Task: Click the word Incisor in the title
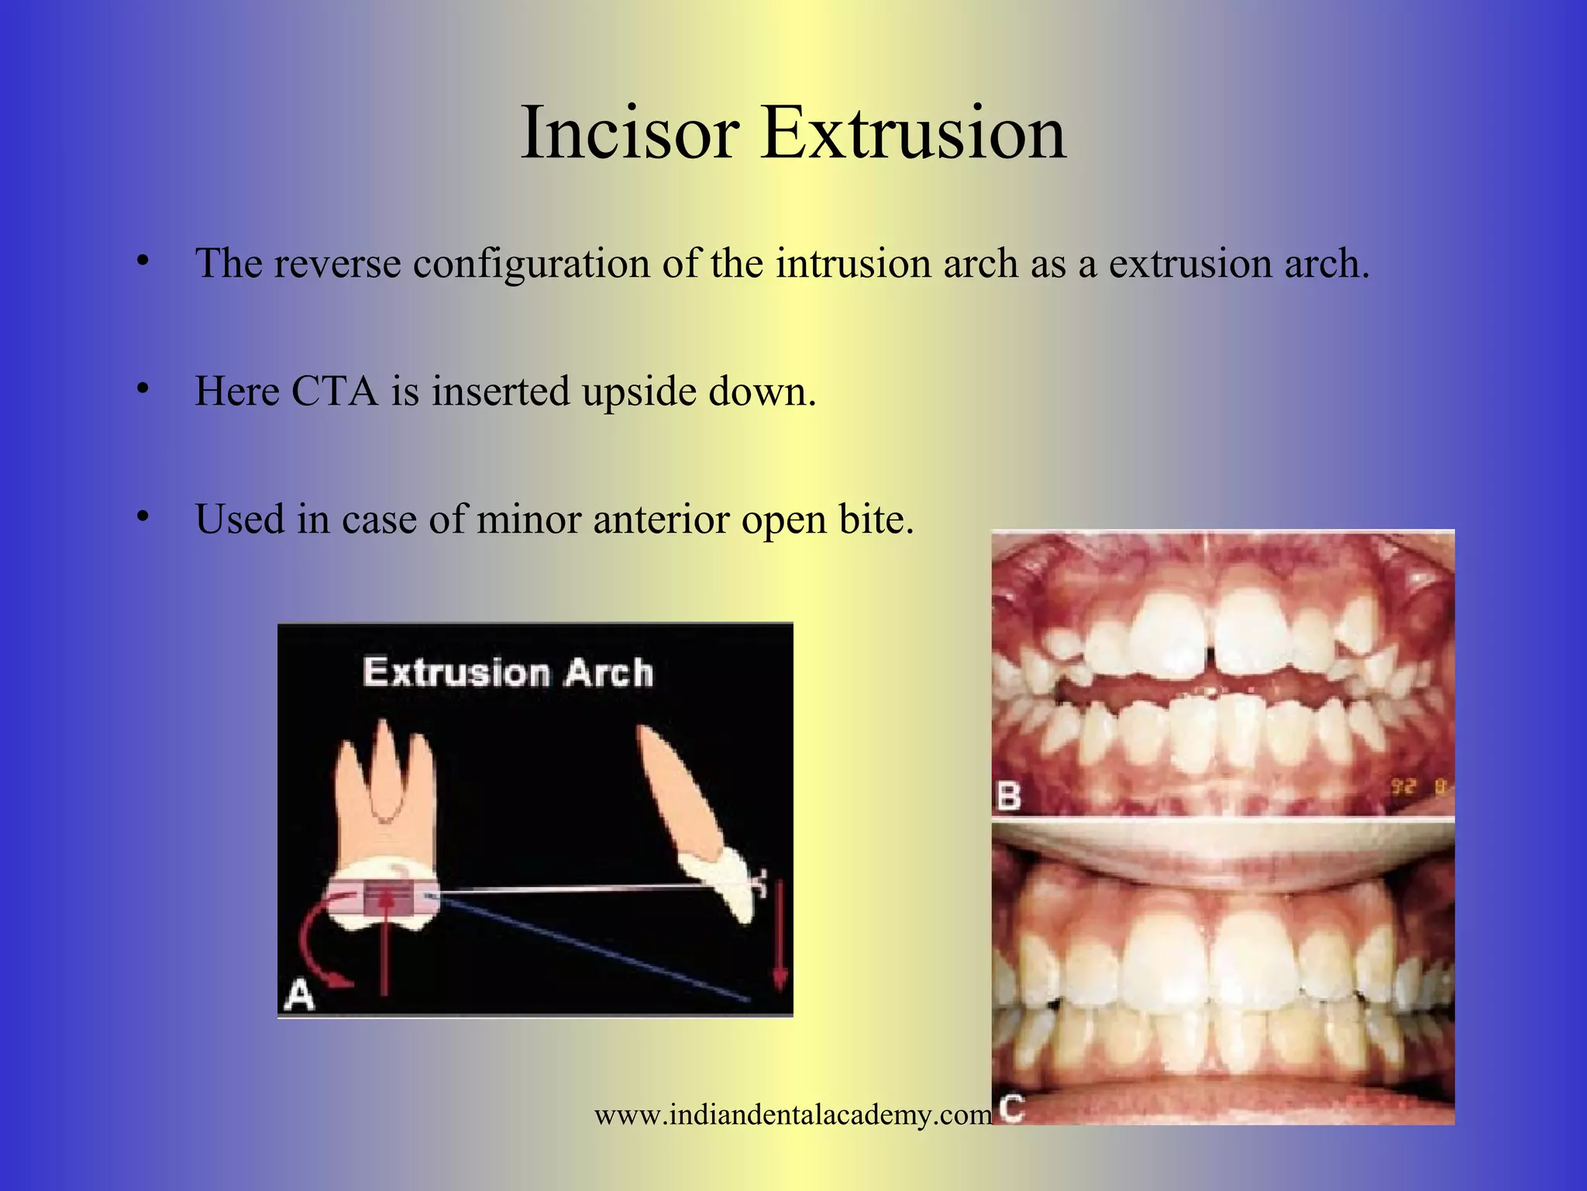628,133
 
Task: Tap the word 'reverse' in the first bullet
336,263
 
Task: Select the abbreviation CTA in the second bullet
334,391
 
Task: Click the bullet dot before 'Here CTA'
142,387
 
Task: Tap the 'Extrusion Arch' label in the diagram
508,671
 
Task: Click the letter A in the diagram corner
300,994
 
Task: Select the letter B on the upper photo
1007,796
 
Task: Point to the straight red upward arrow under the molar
384,946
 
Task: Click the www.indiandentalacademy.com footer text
792,1115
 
